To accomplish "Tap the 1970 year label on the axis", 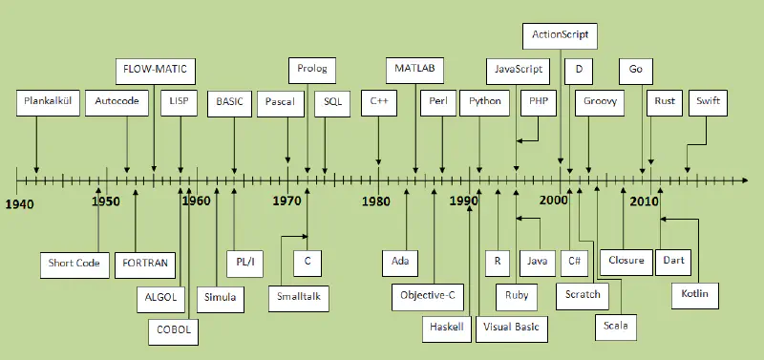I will click(x=286, y=201).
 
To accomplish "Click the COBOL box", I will click(x=174, y=329).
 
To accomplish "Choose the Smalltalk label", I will click(x=299, y=298).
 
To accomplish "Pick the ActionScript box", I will click(x=561, y=35).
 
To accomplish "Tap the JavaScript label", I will click(x=519, y=71).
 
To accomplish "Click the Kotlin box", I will click(x=694, y=293).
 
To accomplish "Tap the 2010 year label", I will click(x=645, y=201).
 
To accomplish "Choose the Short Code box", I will click(x=74, y=263).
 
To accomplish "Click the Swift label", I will click(x=708, y=102).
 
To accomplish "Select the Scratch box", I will click(x=583, y=294).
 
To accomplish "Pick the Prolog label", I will click(x=311, y=70).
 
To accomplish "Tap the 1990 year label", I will click(x=465, y=201).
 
